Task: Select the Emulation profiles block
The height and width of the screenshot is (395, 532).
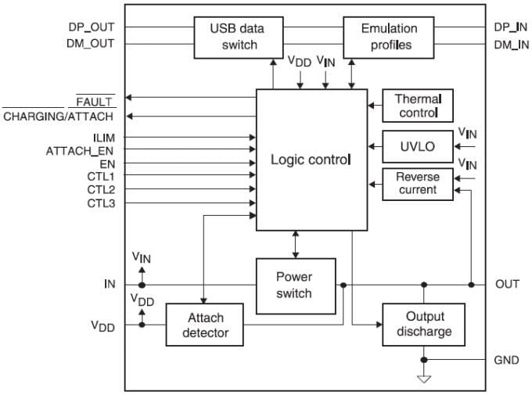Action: (x=389, y=37)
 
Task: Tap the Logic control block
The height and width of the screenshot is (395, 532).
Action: (x=311, y=160)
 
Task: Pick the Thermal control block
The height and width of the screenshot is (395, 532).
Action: (x=417, y=106)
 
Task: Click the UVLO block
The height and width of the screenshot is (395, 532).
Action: (x=417, y=146)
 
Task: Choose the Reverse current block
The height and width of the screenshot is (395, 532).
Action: (x=417, y=184)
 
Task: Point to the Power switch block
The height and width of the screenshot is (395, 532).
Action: (x=295, y=285)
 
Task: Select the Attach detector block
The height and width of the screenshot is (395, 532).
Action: (x=206, y=325)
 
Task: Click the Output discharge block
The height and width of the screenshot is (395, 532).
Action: (x=423, y=325)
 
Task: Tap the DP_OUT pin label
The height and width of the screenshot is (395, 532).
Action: (x=92, y=27)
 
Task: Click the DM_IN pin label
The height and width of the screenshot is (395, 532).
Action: (x=512, y=45)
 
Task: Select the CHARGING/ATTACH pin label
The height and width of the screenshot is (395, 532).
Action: (x=59, y=117)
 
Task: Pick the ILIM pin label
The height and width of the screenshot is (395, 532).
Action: (x=103, y=137)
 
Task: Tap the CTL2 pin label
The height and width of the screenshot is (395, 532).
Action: (x=101, y=190)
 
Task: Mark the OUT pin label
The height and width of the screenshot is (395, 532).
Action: (x=508, y=285)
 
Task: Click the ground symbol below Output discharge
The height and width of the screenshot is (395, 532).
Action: (x=424, y=378)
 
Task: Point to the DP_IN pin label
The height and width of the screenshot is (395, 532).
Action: (x=512, y=27)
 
